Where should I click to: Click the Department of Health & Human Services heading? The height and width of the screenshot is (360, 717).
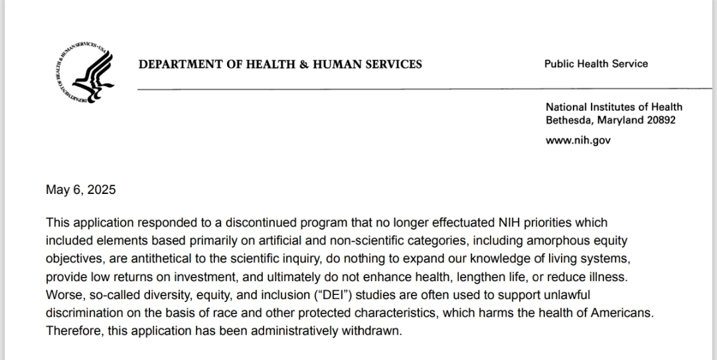pos(280,64)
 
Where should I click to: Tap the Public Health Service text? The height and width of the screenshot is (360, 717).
pos(596,64)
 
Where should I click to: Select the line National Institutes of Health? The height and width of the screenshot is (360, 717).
pos(613,107)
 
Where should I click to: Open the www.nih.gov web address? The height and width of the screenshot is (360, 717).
pos(578,140)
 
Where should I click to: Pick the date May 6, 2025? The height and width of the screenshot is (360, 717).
pos(80,190)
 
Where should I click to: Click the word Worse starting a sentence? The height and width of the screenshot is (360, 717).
pos(62,294)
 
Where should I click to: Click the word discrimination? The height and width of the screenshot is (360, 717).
pos(84,312)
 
